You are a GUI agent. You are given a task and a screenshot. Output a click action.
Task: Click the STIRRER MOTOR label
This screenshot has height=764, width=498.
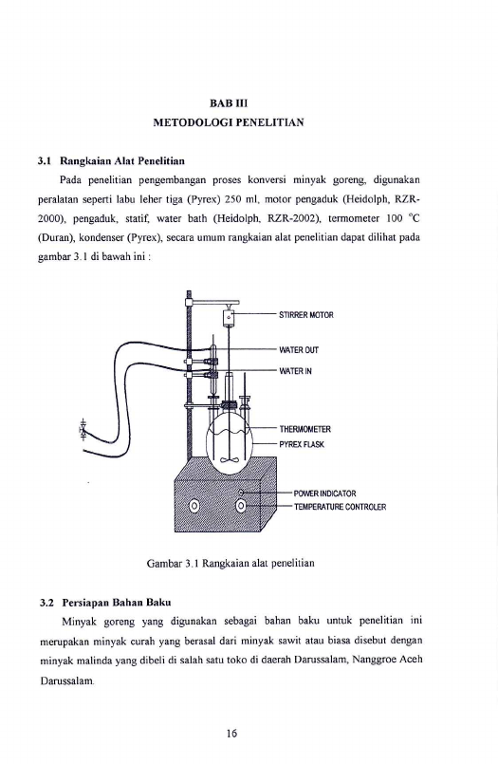click(x=306, y=315)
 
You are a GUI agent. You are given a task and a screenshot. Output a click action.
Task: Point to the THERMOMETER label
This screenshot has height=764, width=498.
click(x=305, y=429)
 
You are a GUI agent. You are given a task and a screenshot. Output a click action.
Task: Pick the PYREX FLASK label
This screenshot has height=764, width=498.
click(x=302, y=444)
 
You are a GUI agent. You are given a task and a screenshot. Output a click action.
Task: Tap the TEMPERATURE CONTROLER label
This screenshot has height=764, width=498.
click(x=340, y=507)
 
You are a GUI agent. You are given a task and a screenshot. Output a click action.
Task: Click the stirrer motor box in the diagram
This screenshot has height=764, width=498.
click(x=229, y=317)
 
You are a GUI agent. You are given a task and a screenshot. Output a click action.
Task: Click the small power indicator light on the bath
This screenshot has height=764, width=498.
click(x=241, y=493)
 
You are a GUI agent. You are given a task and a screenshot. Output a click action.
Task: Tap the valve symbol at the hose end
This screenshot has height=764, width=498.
click(x=83, y=430)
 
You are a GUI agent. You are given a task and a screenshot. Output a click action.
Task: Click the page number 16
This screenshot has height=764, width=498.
click(x=231, y=734)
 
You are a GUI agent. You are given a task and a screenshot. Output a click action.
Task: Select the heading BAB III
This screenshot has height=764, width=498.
click(x=229, y=103)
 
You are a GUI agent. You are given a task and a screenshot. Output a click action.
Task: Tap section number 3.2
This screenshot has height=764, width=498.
click(x=46, y=603)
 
